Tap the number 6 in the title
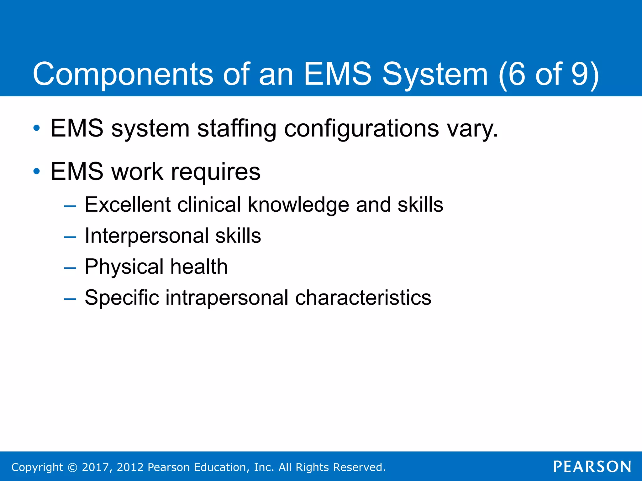coord(516,74)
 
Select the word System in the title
coord(435,75)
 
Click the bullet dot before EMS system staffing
coord(37,128)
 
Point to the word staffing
coord(237,128)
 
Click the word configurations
coord(361,128)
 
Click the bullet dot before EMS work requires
coord(37,171)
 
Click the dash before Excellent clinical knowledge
coord(70,206)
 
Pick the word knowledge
coord(298,205)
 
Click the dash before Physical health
coord(70,268)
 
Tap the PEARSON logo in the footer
coord(592,467)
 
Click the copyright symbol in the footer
coord(72,467)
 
